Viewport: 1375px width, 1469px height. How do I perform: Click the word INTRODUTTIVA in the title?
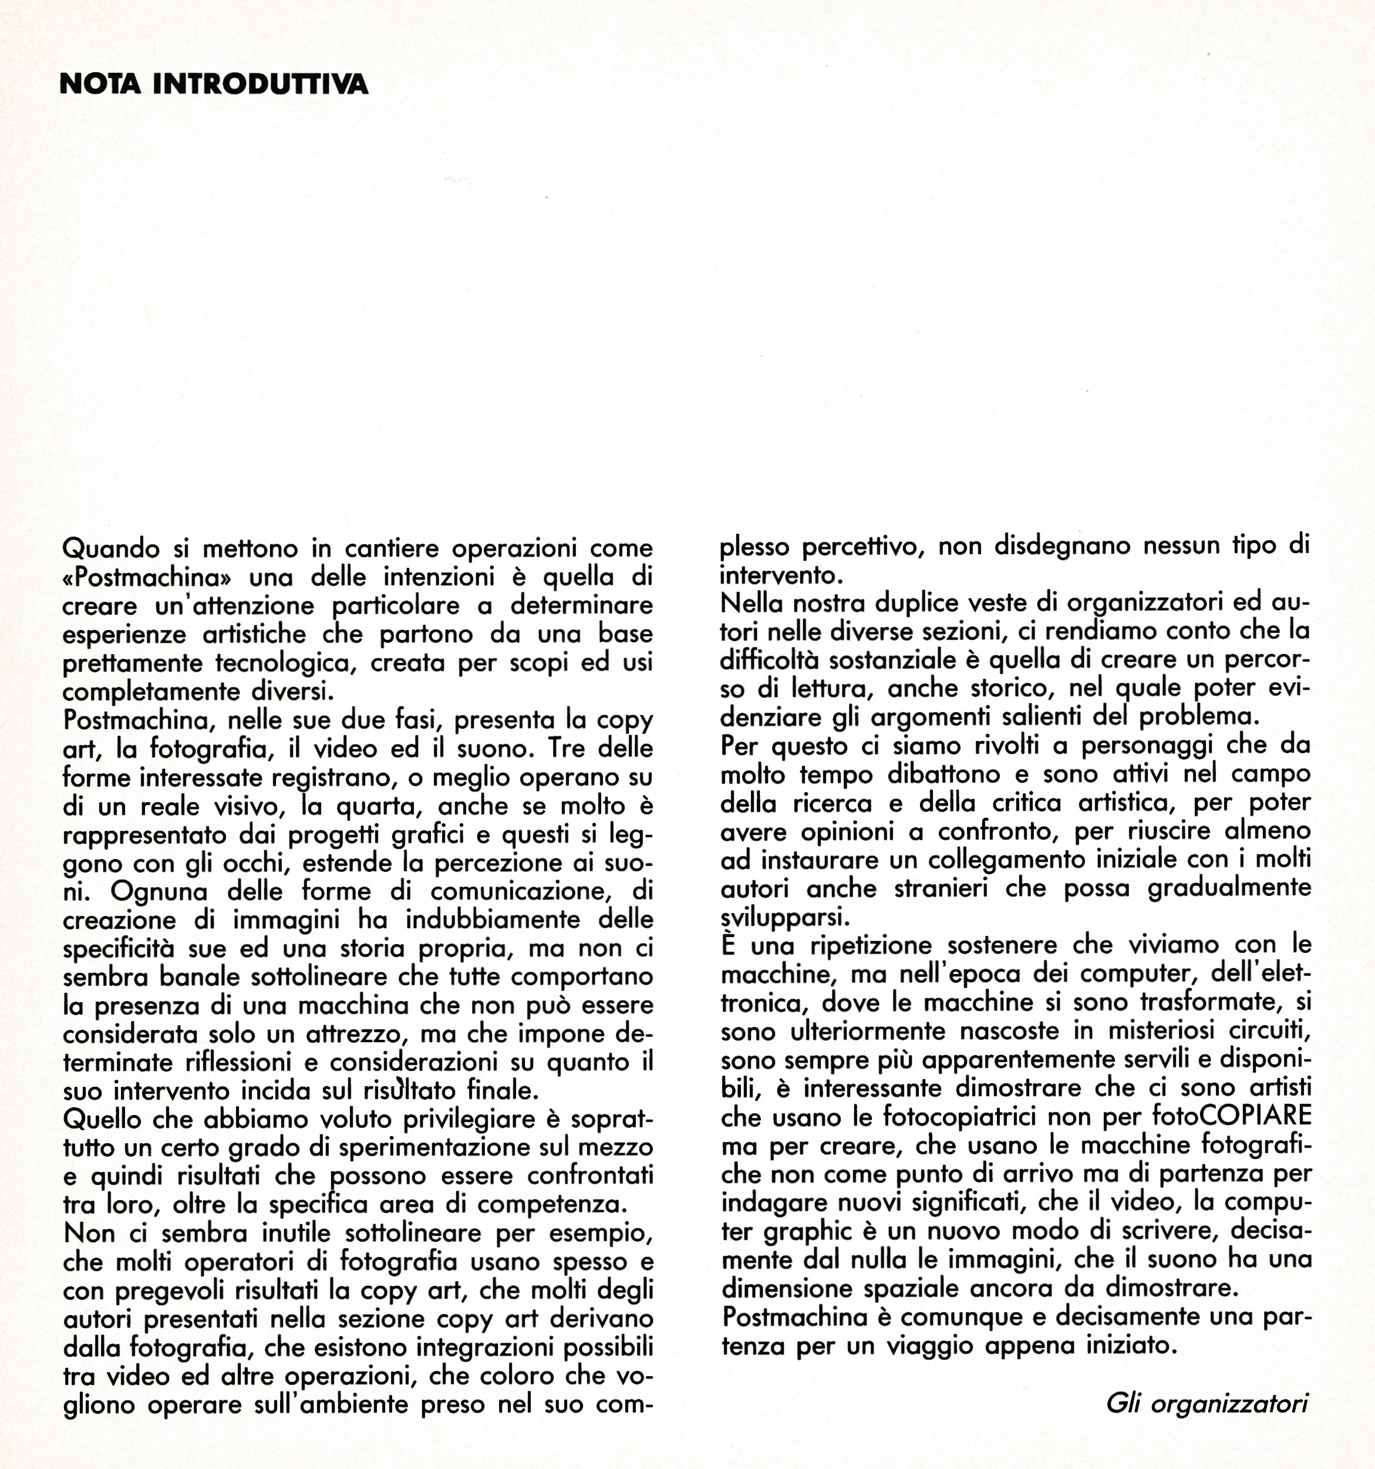260,84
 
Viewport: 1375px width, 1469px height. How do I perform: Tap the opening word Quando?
111,550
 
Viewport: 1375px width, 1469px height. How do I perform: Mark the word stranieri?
941,889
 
